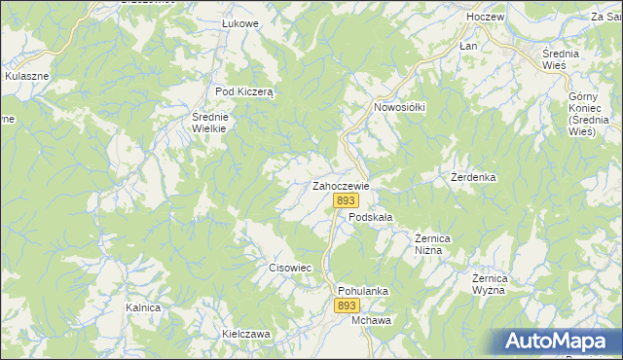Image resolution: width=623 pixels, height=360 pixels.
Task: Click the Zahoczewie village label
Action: pos(340,185)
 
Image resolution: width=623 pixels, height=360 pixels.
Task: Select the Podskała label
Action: pos(370,219)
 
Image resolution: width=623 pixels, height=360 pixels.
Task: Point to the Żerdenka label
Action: pos(474,178)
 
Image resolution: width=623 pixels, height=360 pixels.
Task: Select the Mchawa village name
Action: pos(371,320)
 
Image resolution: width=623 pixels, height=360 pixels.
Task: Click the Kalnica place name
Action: pos(142,306)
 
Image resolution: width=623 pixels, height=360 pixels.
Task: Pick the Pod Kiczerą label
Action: pos(247,90)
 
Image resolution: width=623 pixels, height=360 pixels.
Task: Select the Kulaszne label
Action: pos(27,74)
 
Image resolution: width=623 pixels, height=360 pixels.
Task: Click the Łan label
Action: pos(468,46)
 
